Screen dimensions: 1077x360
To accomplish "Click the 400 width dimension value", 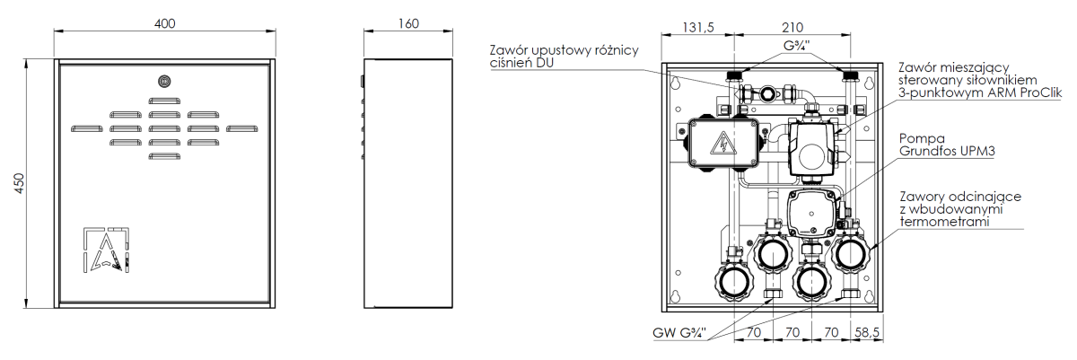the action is tap(164, 23).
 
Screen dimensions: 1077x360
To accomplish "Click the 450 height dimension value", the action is tap(19, 184).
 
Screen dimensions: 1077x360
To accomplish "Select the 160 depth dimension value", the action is tap(408, 23).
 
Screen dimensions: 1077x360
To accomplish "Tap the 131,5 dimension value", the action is tap(698, 28).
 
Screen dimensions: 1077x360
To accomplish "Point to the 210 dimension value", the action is tap(792, 28).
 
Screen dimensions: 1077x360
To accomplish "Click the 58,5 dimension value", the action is tap(867, 332).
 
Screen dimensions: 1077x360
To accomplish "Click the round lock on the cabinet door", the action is tap(164, 81).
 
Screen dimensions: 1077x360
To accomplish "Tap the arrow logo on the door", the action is tap(106, 250).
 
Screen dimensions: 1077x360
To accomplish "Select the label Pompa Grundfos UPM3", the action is tap(946, 145).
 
